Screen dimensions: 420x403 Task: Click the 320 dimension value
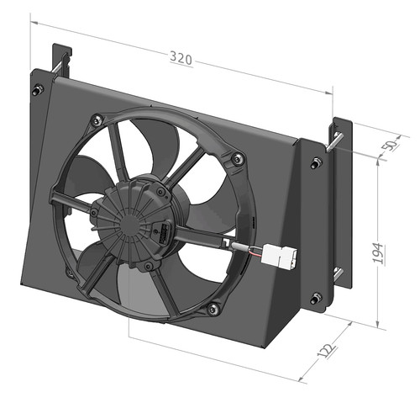181,58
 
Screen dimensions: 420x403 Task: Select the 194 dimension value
378,253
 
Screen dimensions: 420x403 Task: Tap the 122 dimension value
327,350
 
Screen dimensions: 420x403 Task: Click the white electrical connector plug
279,255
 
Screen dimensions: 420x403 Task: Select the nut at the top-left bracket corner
37,89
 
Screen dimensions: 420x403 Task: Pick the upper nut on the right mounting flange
317,162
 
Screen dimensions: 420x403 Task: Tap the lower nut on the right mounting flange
316,298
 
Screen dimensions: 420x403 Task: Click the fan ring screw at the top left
97,120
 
